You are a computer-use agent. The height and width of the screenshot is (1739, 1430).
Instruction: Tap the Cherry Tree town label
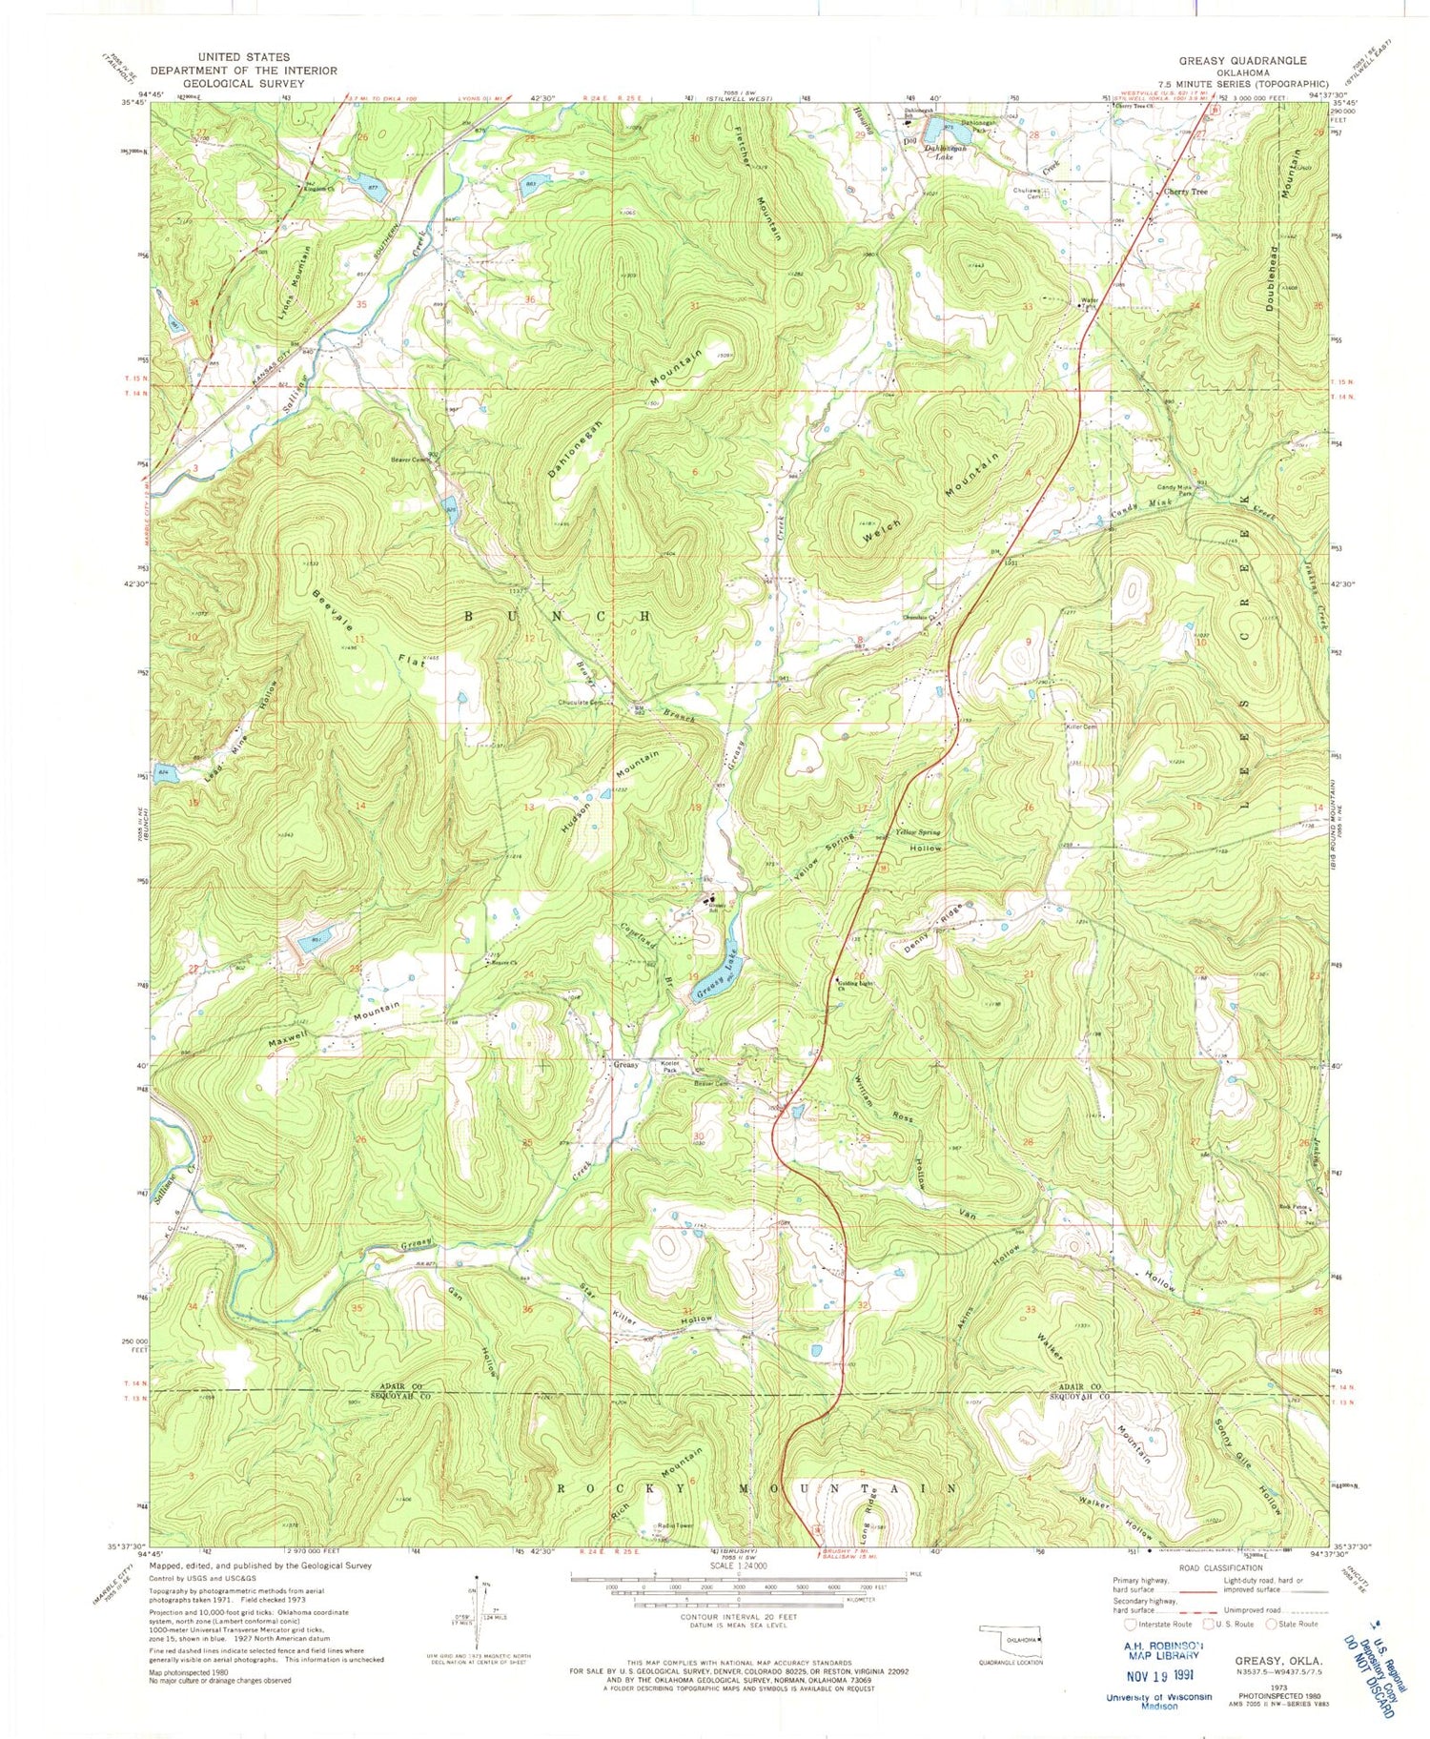click(x=1185, y=192)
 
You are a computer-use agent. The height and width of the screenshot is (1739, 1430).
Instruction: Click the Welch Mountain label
click(x=929, y=494)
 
